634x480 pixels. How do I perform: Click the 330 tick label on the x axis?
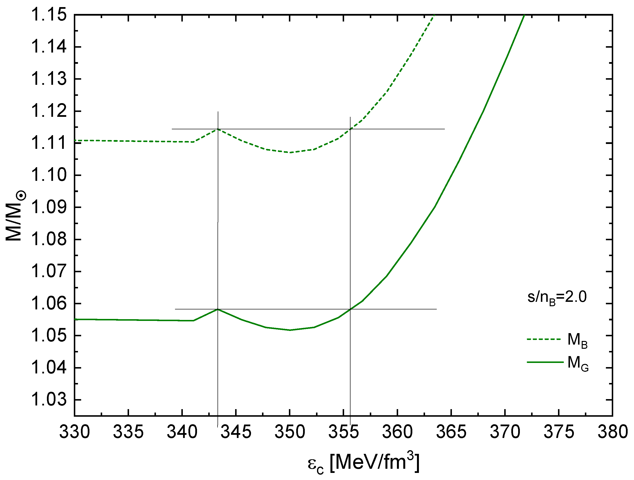75,432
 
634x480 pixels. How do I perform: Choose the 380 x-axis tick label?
612,432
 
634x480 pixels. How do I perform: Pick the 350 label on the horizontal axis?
290,432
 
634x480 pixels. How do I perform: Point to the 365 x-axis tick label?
451,432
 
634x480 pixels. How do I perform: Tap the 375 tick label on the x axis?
559,432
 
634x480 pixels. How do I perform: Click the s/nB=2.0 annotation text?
557,297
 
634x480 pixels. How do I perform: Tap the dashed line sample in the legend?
543,339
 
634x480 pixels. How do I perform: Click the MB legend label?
577,341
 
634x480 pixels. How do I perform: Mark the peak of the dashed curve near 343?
218,129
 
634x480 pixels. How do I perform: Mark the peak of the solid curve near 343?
218,309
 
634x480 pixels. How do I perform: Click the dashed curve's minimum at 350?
290,153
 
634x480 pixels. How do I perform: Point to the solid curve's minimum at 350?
290,330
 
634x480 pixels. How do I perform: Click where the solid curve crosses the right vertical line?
350,309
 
